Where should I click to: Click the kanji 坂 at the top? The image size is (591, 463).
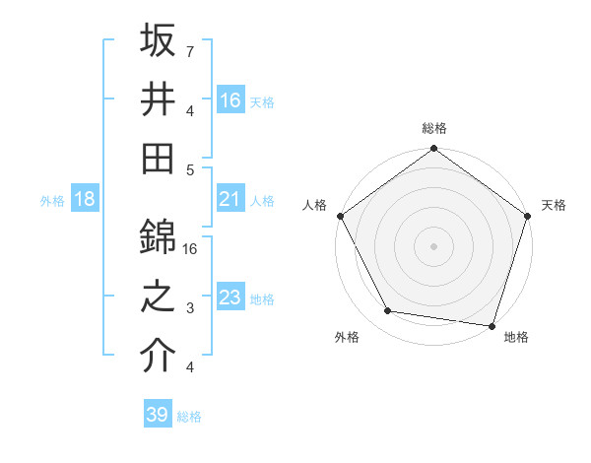pyautogui.click(x=158, y=42)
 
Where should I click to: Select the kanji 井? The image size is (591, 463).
pyautogui.click(x=158, y=99)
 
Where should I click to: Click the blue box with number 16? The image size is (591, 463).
pyautogui.click(x=230, y=99)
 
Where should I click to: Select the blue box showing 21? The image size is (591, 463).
pyautogui.click(x=230, y=200)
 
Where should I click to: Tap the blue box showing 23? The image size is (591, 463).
pyautogui.click(x=230, y=298)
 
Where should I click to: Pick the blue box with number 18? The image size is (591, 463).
pyautogui.click(x=85, y=200)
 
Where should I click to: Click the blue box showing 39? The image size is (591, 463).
pyautogui.click(x=157, y=416)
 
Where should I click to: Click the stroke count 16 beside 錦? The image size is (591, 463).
pyautogui.click(x=191, y=249)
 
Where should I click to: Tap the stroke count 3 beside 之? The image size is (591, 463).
pyautogui.click(x=190, y=308)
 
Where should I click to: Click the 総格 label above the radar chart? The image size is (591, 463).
pyautogui.click(x=434, y=128)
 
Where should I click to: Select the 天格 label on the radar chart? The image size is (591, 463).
pyautogui.click(x=554, y=205)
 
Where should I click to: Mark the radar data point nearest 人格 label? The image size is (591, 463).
pyautogui.click(x=341, y=216)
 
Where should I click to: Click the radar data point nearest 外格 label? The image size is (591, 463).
pyautogui.click(x=388, y=311)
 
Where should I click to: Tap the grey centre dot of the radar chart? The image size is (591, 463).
pyautogui.click(x=433, y=245)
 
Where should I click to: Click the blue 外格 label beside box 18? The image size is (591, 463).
pyautogui.click(x=52, y=201)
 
